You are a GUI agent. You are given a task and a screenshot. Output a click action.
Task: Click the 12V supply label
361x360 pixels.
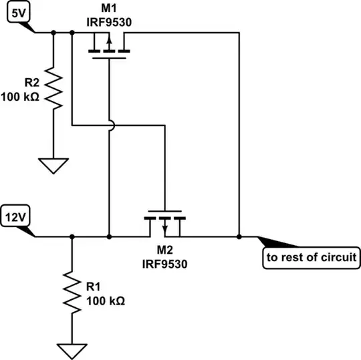coord(17,217)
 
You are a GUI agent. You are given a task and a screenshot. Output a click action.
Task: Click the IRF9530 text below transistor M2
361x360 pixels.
coord(164,263)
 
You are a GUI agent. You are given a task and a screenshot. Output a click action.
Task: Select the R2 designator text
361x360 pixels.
coord(31,83)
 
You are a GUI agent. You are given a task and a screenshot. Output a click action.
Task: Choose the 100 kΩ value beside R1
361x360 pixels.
coord(105,299)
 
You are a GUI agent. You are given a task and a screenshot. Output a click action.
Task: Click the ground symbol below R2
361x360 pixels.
coord(53,164)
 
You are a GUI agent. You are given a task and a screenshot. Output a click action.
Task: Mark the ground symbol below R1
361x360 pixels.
coord(72,350)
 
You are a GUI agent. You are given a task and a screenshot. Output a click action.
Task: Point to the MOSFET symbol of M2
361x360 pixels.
coord(164,224)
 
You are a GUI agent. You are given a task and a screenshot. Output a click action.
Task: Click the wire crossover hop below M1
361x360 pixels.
coord(108,124)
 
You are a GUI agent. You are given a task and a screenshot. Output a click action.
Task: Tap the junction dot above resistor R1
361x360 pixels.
coord(72,236)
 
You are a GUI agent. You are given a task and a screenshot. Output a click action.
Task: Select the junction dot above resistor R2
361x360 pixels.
coord(53,32)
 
